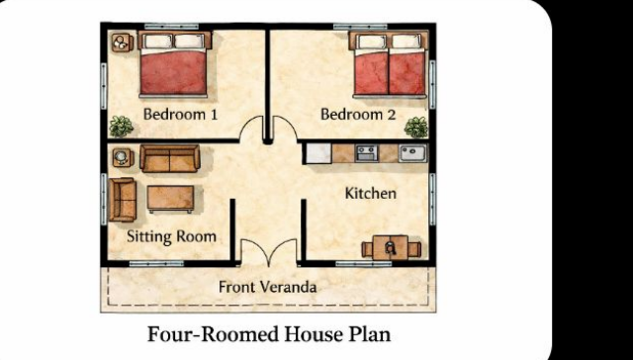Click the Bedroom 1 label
click(x=180, y=114)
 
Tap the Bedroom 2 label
click(x=358, y=114)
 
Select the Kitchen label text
click(x=371, y=193)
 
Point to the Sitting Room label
click(x=171, y=236)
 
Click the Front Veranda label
click(x=267, y=288)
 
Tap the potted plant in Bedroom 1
click(x=121, y=127)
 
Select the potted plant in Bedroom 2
click(x=416, y=128)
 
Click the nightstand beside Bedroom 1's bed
click(x=123, y=43)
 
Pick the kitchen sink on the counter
click(x=412, y=153)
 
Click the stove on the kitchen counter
click(x=367, y=153)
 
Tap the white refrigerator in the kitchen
click(x=318, y=153)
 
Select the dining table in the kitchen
click(x=390, y=248)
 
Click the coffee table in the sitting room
click(x=170, y=198)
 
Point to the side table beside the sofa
click(x=123, y=157)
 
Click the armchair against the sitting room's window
click(x=123, y=200)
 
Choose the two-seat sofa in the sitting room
click(x=170, y=158)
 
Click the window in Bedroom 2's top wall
click(x=360, y=27)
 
